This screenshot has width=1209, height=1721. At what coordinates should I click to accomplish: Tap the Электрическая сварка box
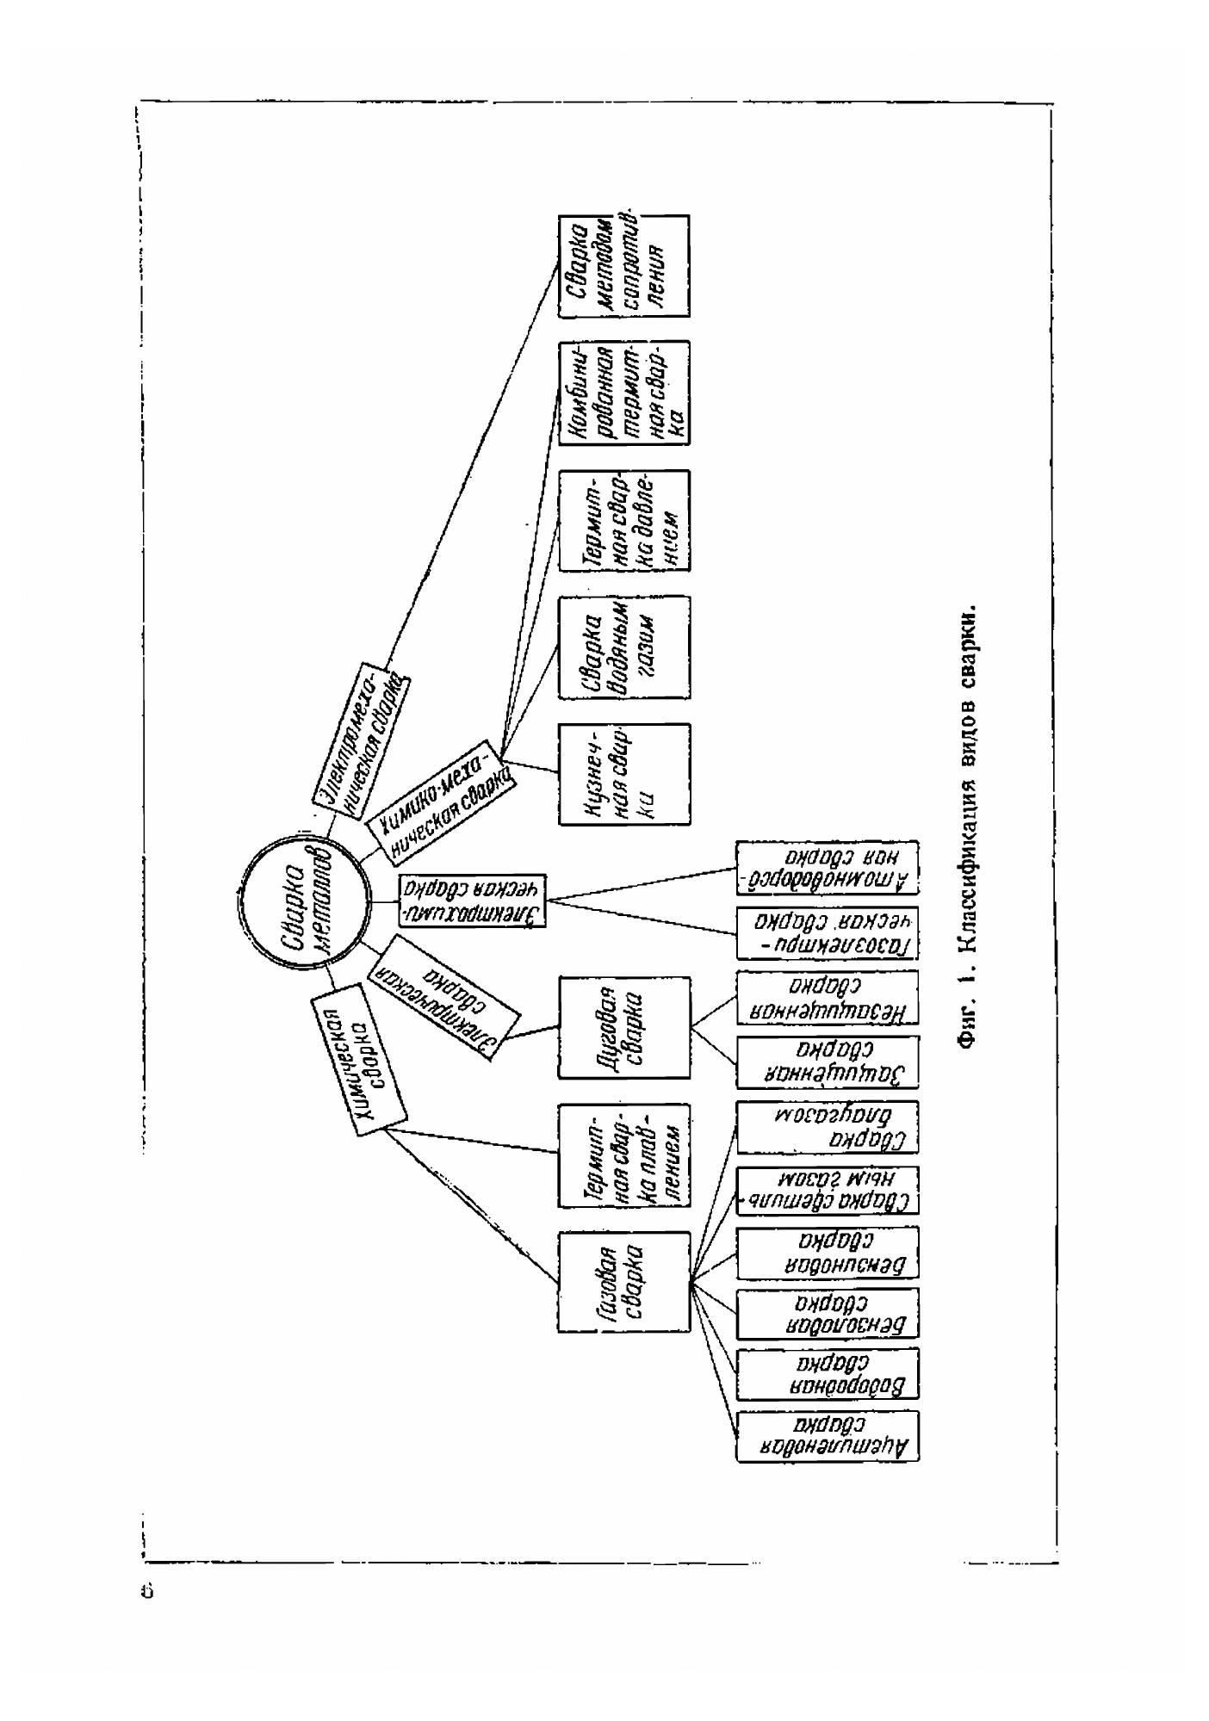(x=444, y=1000)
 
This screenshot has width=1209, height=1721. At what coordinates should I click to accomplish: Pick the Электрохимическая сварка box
(x=473, y=901)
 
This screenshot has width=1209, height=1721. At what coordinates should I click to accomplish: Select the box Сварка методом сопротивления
(x=624, y=266)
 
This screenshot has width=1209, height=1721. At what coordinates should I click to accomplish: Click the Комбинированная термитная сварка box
(x=624, y=393)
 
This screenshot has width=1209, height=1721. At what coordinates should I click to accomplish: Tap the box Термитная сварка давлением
(x=624, y=520)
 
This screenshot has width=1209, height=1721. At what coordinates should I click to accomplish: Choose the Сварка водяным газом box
(x=624, y=647)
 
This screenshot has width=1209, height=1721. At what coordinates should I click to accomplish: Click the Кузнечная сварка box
(x=624, y=774)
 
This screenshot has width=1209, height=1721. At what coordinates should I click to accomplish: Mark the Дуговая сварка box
(x=624, y=1027)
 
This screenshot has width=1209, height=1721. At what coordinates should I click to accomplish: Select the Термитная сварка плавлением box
(x=624, y=1155)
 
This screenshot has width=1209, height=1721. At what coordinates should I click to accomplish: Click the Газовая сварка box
(x=624, y=1282)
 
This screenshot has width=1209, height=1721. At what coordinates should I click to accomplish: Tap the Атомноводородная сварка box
(x=827, y=868)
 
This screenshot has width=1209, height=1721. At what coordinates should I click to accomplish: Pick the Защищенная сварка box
(x=827, y=1061)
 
